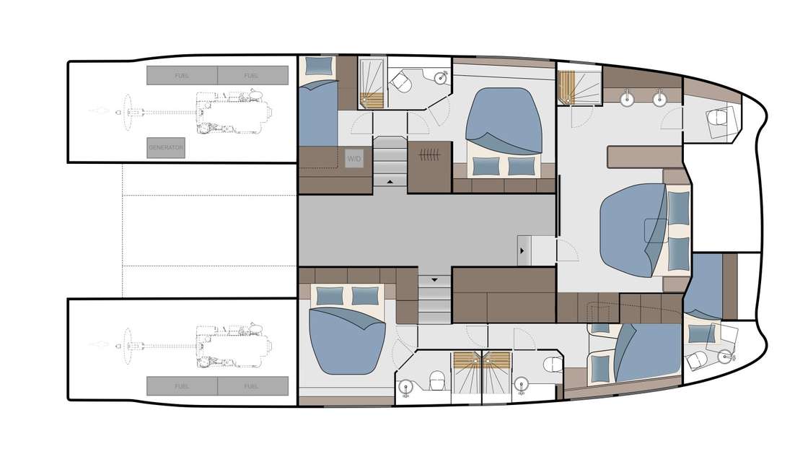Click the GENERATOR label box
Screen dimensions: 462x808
pyautogui.click(x=166, y=147)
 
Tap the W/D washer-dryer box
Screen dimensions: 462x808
pyautogui.click(x=354, y=159)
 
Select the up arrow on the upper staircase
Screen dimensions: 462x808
pyautogui.click(x=390, y=182)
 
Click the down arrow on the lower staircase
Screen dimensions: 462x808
pyautogui.click(x=434, y=278)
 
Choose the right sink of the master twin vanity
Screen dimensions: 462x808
pyautogui.click(x=659, y=97)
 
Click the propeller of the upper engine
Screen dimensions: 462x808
pyautogui.click(x=128, y=112)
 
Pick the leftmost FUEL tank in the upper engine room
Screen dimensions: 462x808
pyautogui.click(x=182, y=75)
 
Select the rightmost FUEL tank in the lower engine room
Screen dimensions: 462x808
pyautogui.click(x=251, y=386)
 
